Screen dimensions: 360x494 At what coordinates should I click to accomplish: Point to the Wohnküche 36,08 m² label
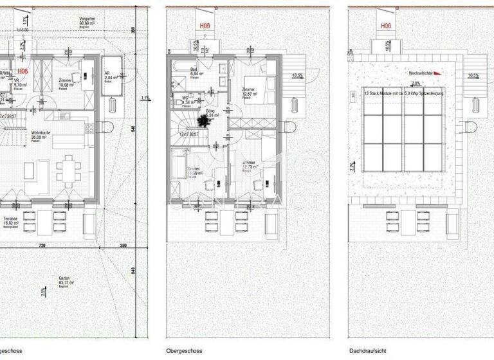(x=41, y=136)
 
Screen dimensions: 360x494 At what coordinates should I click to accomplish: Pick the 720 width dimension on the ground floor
(x=42, y=246)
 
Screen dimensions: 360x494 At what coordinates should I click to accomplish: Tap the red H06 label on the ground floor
(x=23, y=71)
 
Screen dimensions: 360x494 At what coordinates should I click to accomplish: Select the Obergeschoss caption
(x=185, y=351)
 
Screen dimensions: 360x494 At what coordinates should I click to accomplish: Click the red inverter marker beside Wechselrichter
(x=438, y=73)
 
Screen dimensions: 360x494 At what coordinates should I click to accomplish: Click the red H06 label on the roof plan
(x=385, y=26)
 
